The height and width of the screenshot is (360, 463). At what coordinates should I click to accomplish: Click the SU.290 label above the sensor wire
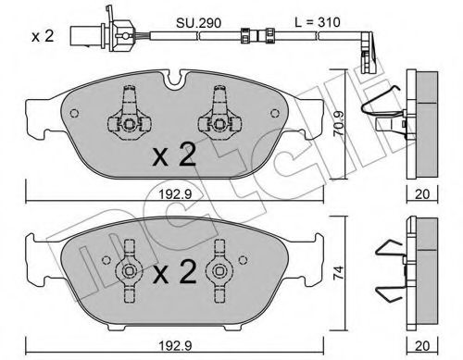click(x=198, y=23)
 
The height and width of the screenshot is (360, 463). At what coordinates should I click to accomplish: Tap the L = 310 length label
click(x=318, y=22)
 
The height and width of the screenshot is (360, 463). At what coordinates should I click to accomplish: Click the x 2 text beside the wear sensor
click(x=43, y=36)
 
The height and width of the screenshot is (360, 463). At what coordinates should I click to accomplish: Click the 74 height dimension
click(x=339, y=273)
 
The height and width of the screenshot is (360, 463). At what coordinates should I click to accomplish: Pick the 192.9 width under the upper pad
click(x=175, y=194)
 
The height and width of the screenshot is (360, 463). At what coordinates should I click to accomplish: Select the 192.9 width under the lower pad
click(x=175, y=346)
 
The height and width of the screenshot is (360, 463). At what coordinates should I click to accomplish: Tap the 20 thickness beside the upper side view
click(x=422, y=194)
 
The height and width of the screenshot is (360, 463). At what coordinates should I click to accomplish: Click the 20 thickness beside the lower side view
click(x=422, y=346)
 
